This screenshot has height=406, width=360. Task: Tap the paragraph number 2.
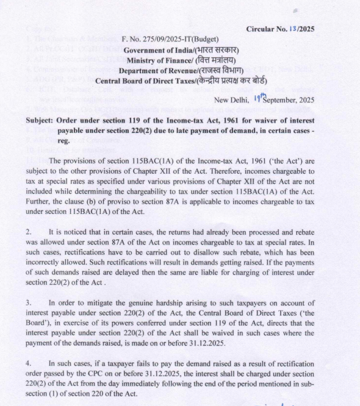point(29,232)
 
